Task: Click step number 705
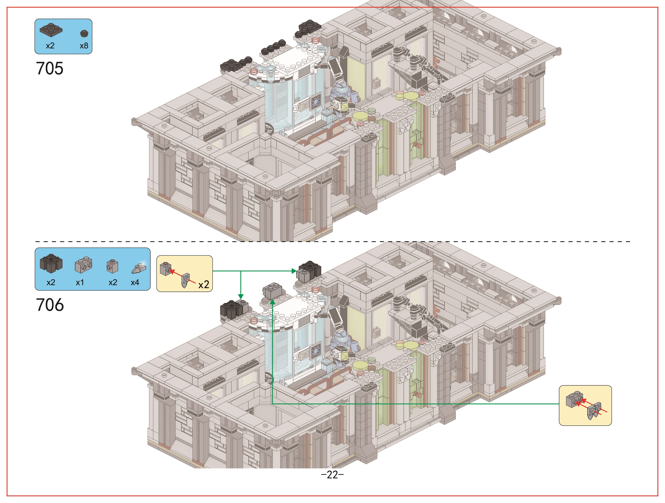(x=50, y=68)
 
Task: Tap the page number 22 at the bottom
(x=332, y=475)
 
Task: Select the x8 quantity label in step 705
(x=84, y=46)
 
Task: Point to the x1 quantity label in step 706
(x=80, y=282)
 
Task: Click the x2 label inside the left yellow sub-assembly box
(x=203, y=285)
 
